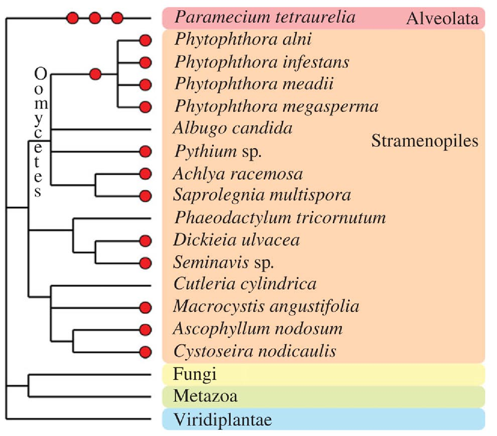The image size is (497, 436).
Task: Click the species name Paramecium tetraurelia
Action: pos(265,17)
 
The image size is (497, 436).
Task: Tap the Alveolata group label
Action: pos(442,18)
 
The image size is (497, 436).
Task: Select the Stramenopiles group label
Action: pos(424,141)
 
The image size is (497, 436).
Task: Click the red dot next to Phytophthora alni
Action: pos(145,40)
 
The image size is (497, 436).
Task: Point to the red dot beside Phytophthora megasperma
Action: pos(145,107)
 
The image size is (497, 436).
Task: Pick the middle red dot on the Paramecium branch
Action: pos(95,18)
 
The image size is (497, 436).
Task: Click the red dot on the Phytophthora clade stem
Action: pos(96,74)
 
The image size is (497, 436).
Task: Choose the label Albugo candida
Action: pos(233,128)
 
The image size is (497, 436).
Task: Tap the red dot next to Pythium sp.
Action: pos(145,152)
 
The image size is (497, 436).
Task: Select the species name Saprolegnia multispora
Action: pos(262,195)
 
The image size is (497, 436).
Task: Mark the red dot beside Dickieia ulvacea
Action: pos(145,241)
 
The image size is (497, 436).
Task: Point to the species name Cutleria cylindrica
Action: pos(245,284)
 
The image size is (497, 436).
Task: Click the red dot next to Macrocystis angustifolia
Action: pos(145,308)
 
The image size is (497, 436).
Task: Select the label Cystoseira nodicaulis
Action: pos(255,351)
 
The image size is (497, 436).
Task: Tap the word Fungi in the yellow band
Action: pos(195,374)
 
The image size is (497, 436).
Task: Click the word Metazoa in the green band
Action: pos(205,396)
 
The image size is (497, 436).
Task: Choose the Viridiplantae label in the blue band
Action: pos(223,419)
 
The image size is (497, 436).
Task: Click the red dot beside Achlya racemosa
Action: pos(145,174)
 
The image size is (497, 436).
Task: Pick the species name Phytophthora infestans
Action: pos(262,63)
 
